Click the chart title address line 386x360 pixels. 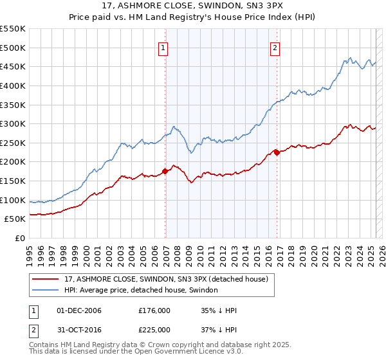(x=193, y=6)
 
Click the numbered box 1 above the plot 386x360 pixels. (x=164, y=47)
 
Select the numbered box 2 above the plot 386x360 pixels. (x=275, y=47)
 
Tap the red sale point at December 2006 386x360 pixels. (x=165, y=171)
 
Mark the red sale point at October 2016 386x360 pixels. (x=277, y=152)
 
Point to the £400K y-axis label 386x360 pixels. (x=13, y=85)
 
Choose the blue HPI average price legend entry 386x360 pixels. (x=141, y=290)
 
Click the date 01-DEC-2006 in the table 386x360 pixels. (x=79, y=310)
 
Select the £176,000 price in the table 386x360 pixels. (x=154, y=310)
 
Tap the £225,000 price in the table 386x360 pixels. (x=154, y=329)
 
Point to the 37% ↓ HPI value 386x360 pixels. (x=219, y=329)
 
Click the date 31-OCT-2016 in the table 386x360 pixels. (x=79, y=329)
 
